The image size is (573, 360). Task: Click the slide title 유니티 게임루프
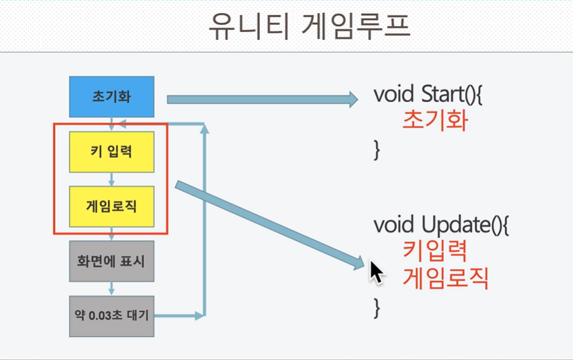pyautogui.click(x=309, y=27)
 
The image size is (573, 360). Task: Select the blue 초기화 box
pyautogui.click(x=112, y=97)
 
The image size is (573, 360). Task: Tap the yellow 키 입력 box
pyautogui.click(x=112, y=152)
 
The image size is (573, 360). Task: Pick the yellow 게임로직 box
pyautogui.click(x=112, y=207)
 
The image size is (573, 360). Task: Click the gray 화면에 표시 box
pyautogui.click(x=112, y=261)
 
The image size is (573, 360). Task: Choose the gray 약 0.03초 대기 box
pyautogui.click(x=112, y=316)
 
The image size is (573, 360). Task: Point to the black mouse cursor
pyautogui.click(x=377, y=272)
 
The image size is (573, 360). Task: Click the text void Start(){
pyautogui.click(x=428, y=94)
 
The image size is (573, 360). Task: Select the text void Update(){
pyautogui.click(x=441, y=225)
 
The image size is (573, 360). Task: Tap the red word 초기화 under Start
pyautogui.click(x=435, y=120)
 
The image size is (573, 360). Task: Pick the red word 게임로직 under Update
pyautogui.click(x=445, y=278)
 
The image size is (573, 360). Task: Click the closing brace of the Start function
pyautogui.click(x=377, y=150)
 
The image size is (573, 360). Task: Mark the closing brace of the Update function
pyautogui.click(x=377, y=308)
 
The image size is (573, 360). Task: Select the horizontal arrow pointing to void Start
pyautogui.click(x=263, y=99)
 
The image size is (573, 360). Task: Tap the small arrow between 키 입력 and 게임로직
pyautogui.click(x=112, y=179)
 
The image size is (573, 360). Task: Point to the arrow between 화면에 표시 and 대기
pyautogui.click(x=112, y=289)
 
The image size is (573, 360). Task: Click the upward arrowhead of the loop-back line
pyautogui.click(x=204, y=128)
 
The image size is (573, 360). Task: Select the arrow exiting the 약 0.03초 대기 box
pyautogui.click(x=179, y=316)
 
